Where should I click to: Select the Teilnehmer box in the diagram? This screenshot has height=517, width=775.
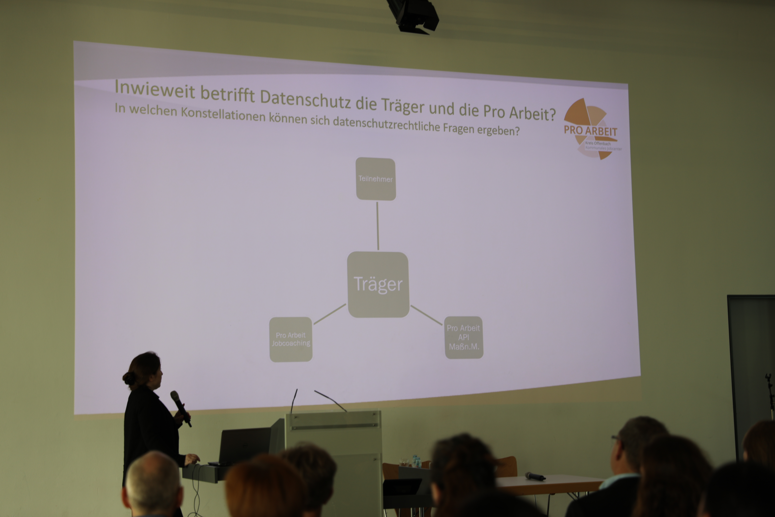pos(376,179)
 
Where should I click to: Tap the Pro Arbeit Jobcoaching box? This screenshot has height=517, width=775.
pos(291,339)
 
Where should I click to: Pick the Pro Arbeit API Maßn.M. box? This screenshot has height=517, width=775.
pos(464,337)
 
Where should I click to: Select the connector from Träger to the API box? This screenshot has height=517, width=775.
pos(426,315)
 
